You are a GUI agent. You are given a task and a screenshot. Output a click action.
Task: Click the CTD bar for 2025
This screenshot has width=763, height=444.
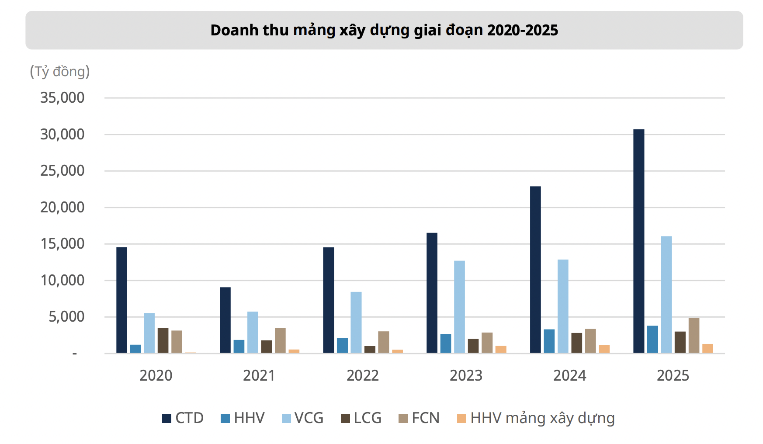(638, 241)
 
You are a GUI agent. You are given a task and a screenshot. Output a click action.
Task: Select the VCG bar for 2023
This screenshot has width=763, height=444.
(459, 307)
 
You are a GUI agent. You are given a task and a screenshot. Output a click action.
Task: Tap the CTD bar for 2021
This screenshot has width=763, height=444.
(225, 320)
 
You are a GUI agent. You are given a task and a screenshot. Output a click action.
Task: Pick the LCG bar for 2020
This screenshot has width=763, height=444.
(163, 340)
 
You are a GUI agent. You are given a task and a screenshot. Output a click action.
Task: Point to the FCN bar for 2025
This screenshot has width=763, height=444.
(694, 336)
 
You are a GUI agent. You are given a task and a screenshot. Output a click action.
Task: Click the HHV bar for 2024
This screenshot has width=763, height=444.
(549, 341)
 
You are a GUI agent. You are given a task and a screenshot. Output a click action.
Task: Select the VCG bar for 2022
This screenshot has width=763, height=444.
(356, 323)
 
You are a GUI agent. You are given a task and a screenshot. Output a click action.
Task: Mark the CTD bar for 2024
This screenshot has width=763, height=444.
(535, 270)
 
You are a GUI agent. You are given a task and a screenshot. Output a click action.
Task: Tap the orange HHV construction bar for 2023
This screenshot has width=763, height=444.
(501, 350)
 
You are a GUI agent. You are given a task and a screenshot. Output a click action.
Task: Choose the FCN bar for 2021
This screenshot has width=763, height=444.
(280, 340)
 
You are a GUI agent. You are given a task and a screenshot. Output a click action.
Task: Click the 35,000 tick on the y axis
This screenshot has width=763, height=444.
(62, 98)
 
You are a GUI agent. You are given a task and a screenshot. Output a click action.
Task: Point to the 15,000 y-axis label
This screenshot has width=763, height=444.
(62, 244)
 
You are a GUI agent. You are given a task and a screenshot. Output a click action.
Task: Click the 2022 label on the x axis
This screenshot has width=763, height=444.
(362, 375)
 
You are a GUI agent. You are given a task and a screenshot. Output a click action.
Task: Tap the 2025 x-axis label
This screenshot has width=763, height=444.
(673, 375)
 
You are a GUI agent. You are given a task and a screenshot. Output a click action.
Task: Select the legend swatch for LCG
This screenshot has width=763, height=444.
(345, 418)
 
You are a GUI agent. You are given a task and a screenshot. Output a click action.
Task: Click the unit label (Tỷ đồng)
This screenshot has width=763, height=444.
(60, 71)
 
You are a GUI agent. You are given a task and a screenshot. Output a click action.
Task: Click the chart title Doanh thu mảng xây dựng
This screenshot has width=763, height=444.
(384, 30)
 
